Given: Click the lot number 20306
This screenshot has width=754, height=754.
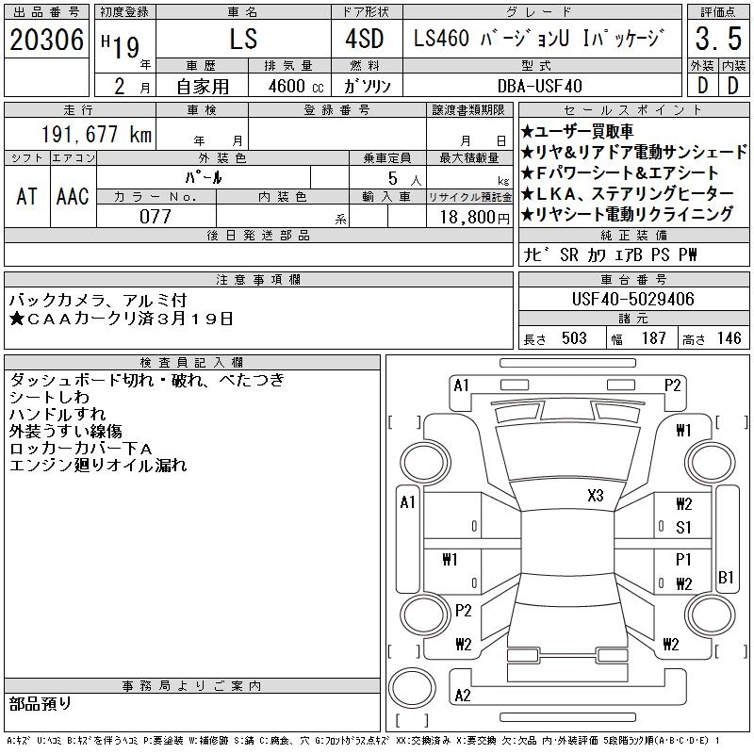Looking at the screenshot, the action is pos(46,40).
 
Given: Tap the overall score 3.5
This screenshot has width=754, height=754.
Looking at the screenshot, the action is pos(718,39).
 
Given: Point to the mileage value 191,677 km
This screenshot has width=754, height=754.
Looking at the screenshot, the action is pos(96,134).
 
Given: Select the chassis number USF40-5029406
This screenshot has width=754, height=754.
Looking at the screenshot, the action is pos(632,299).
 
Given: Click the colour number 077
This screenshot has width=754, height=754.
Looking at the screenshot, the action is pos(156,217).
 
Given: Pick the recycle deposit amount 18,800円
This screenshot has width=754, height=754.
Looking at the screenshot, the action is pos(474,218).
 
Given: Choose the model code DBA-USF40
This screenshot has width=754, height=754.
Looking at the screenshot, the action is pos(539,86).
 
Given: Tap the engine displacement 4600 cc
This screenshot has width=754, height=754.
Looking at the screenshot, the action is pos(296,87).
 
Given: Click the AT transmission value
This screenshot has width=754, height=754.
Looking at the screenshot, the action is pos(26,196).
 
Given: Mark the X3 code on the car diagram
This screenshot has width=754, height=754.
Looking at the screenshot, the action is pos(596,496).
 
